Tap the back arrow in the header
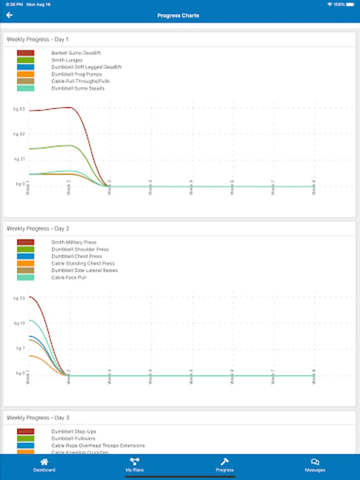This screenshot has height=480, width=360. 9,15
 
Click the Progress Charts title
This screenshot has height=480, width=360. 178,15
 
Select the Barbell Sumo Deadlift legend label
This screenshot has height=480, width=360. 76,53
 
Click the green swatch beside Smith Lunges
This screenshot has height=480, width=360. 26,60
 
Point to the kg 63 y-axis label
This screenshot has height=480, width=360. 19,109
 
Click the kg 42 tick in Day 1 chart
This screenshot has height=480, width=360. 19,134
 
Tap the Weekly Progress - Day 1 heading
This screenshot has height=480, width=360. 37,39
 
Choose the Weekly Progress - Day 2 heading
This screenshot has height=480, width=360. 38,229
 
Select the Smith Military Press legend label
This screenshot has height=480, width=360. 74,243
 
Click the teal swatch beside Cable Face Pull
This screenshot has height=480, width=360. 26,277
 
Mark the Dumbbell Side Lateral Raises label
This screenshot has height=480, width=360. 84,270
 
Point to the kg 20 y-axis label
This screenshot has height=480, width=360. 19,298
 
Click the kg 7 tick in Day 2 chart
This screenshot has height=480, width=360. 19,348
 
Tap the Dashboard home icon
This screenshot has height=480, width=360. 44,462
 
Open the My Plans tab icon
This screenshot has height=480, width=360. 134,462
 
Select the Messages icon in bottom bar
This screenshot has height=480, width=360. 315,462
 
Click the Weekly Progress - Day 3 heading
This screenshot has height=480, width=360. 38,418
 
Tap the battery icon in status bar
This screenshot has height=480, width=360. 349,4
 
